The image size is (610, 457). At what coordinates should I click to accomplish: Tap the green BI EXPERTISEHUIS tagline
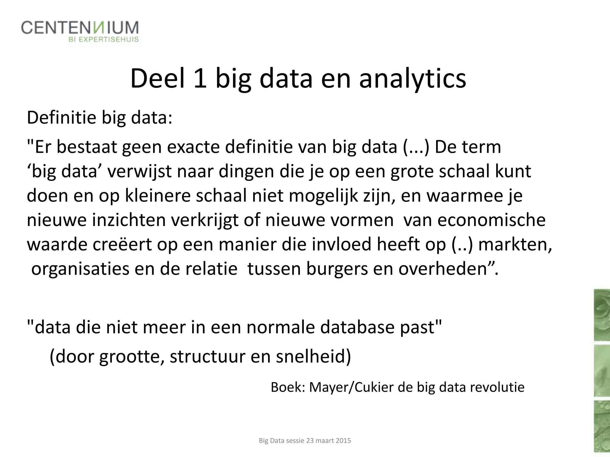click(x=104, y=40)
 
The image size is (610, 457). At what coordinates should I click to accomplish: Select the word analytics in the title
click(x=413, y=79)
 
